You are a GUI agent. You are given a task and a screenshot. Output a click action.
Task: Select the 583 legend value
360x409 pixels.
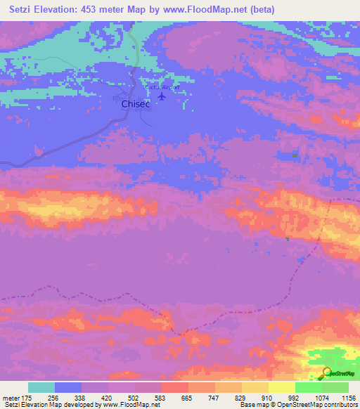pyautogui.click(x=161, y=397)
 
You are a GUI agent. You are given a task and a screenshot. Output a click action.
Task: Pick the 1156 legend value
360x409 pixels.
pyautogui.click(x=348, y=397)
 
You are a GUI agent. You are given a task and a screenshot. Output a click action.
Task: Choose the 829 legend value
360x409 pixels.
pyautogui.click(x=241, y=397)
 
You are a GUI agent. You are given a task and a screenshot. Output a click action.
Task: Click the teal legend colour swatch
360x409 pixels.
pyautogui.click(x=41, y=387)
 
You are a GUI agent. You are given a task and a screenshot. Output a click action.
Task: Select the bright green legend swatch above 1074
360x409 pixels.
pyautogui.click(x=308, y=387)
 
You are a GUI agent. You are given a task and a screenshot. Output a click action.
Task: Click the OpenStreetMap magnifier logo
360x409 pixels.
pyautogui.click(x=328, y=373)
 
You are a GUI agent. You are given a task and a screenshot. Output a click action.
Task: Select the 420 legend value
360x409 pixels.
pyautogui.click(x=108, y=397)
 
